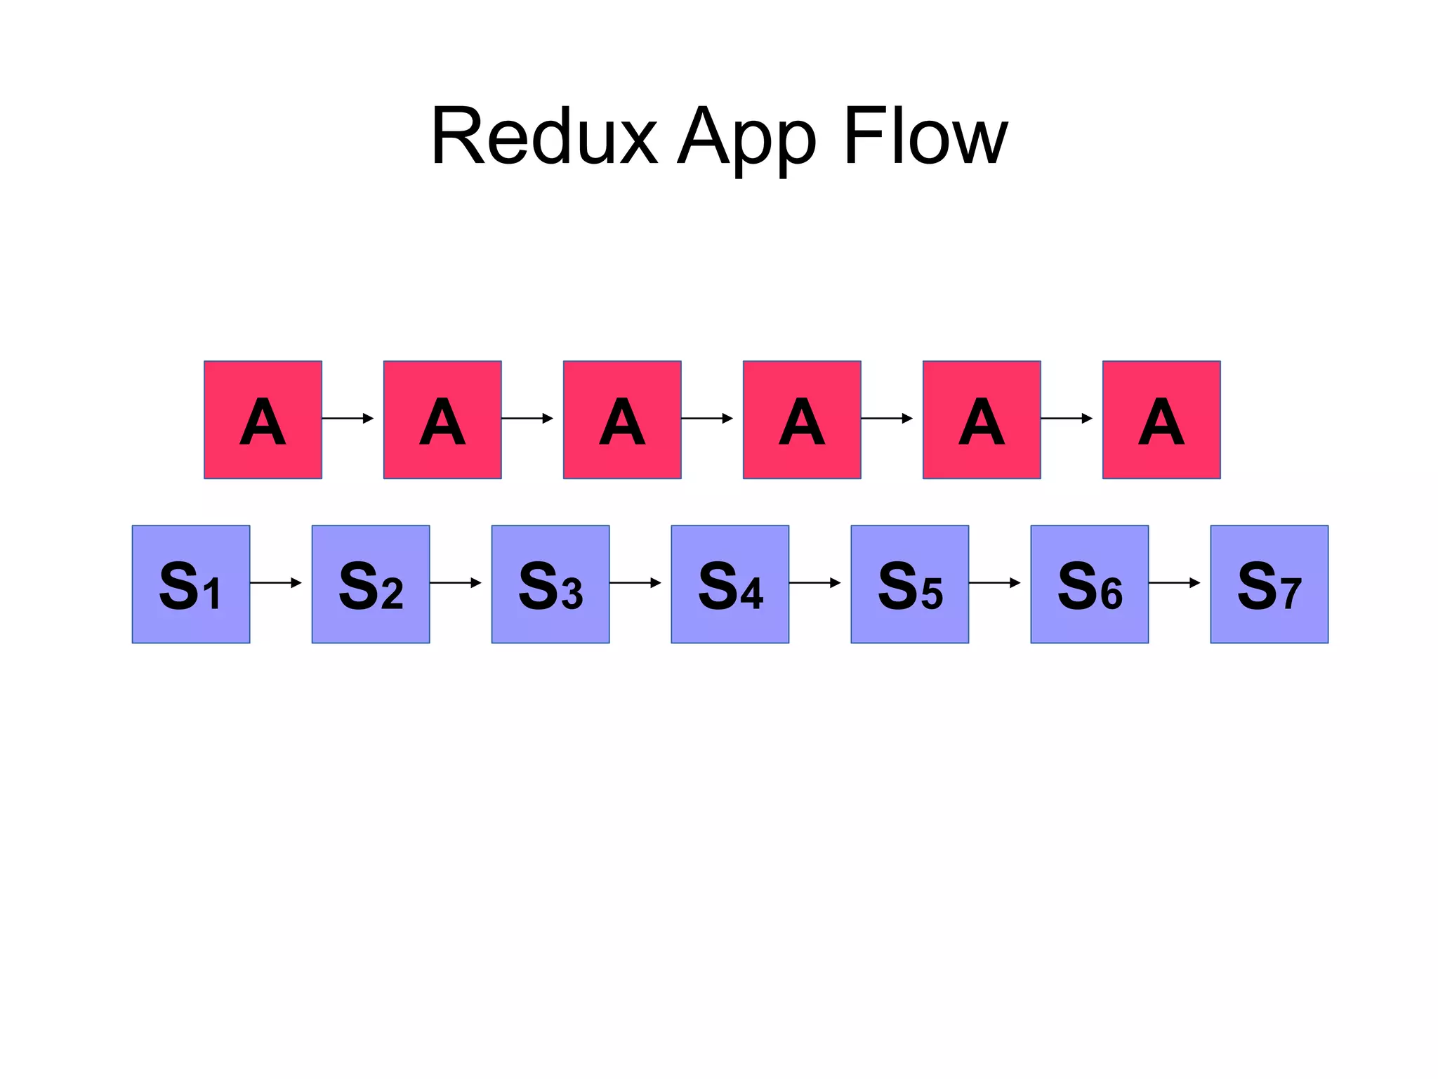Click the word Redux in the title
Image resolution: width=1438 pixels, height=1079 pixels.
tap(544, 137)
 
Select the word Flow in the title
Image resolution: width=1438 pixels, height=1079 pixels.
tap(925, 137)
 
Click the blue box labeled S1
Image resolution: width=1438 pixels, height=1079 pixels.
tap(191, 584)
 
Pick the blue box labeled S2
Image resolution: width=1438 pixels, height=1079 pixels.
tap(371, 584)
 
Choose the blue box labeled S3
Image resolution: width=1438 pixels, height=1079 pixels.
tap(550, 584)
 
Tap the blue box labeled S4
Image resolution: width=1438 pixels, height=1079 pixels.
tap(730, 584)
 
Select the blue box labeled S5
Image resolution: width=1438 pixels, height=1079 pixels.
tap(910, 584)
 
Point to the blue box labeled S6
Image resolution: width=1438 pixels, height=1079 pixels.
tap(1090, 584)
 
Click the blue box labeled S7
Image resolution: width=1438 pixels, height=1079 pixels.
tap(1269, 584)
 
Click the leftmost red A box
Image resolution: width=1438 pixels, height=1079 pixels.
tap(263, 419)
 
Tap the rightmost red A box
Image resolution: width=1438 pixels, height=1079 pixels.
tap(1161, 419)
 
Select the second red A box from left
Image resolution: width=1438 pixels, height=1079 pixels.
tap(442, 419)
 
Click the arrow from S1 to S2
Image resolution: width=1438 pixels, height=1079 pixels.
tap(276, 582)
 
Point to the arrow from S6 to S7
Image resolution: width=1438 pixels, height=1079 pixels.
tap(1175, 582)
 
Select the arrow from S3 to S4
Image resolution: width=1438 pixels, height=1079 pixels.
tap(635, 582)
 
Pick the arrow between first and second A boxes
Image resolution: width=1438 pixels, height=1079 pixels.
tap(348, 418)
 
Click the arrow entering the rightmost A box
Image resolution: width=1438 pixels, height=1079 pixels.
tap(1067, 418)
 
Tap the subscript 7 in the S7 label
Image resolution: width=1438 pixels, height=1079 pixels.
tap(1291, 594)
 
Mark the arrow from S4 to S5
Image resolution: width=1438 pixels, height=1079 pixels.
tap(815, 582)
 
